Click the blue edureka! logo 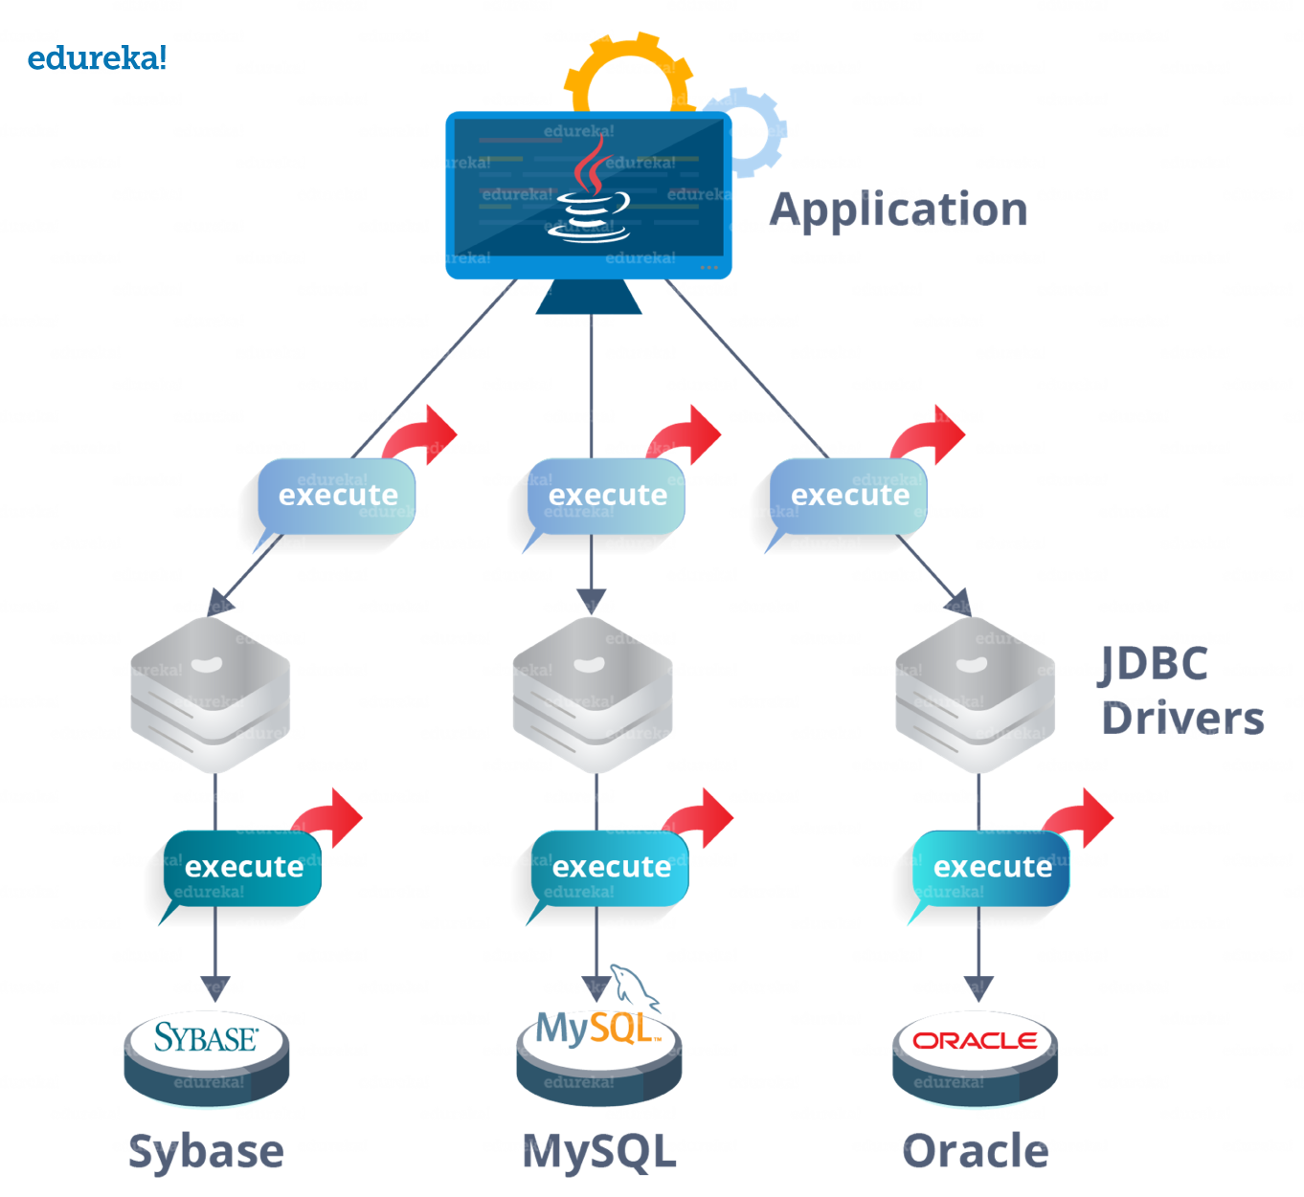97,58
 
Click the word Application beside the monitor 899,210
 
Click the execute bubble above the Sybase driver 337,495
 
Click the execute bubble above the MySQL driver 607,495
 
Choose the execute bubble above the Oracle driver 849,495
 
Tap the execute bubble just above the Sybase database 243,867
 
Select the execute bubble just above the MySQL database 611,867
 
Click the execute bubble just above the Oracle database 992,867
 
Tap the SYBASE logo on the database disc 206,1037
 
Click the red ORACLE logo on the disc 975,1040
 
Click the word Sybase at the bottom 206,1150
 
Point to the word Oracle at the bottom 975,1150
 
